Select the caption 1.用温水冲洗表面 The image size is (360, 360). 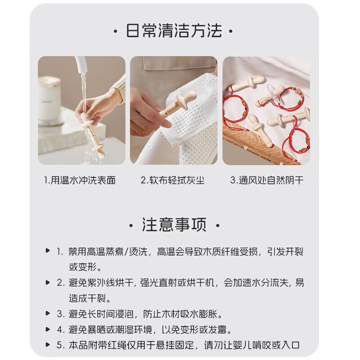point(80,180)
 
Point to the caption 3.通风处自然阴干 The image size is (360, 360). point(267,180)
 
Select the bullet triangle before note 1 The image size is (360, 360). point(48,251)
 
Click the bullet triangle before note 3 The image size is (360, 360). point(48,313)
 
